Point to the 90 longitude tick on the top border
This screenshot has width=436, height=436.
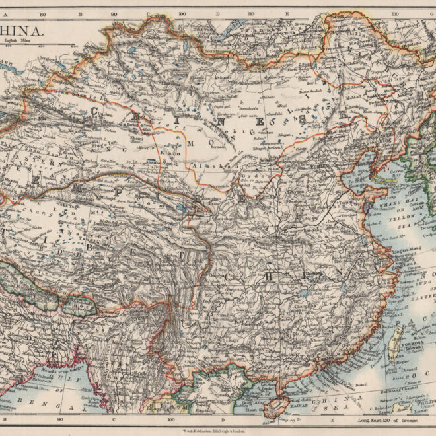[114, 13]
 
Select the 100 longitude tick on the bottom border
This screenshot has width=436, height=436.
[171, 418]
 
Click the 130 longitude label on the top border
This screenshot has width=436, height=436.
[394, 13]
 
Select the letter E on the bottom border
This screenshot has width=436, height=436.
[332, 418]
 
